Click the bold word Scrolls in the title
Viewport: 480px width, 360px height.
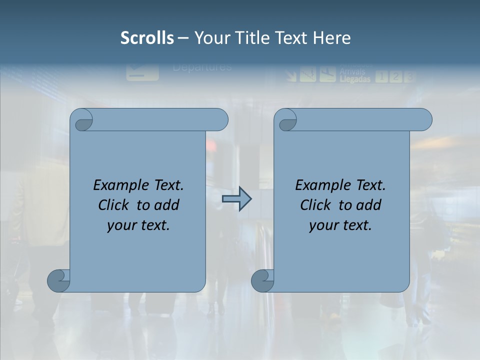147,38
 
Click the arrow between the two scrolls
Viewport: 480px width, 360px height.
236,199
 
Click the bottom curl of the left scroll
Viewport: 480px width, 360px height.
59,280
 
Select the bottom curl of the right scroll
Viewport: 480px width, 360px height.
263,280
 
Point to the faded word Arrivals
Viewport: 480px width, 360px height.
352,71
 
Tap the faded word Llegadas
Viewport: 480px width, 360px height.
355,79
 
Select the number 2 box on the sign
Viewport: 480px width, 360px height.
395,76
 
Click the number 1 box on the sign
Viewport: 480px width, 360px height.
381,76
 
